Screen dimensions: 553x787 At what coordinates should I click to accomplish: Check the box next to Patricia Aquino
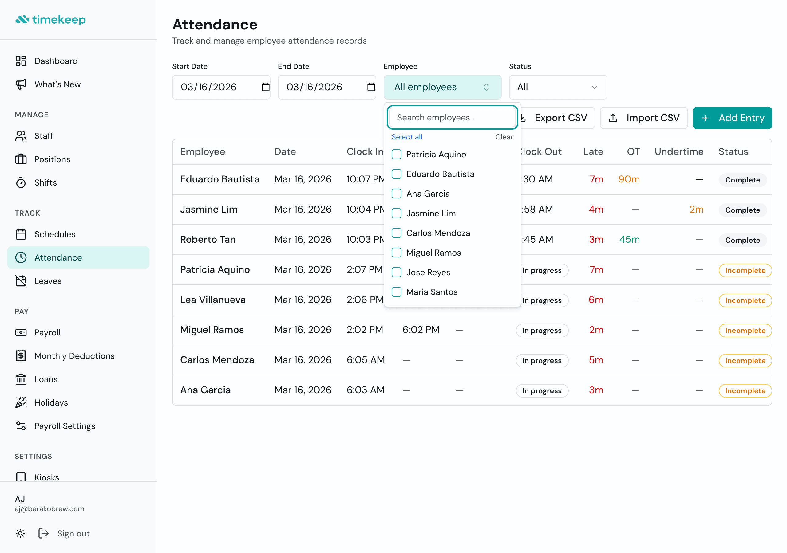click(396, 155)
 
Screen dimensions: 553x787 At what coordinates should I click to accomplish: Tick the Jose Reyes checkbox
click(396, 273)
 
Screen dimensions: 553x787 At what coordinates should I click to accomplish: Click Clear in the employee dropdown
click(504, 137)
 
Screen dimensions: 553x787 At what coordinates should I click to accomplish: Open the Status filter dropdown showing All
click(557, 87)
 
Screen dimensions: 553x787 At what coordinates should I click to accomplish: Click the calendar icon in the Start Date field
click(265, 87)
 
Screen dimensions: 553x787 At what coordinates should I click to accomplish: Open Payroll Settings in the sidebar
click(65, 426)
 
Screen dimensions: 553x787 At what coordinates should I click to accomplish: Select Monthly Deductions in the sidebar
click(74, 356)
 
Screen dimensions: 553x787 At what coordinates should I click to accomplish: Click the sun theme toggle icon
click(20, 533)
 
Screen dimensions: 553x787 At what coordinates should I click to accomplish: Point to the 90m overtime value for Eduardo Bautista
click(629, 179)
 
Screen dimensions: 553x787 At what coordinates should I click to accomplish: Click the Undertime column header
click(679, 151)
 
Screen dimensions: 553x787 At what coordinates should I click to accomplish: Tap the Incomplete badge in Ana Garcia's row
click(745, 390)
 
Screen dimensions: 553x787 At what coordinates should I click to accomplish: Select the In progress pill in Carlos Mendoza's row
click(542, 360)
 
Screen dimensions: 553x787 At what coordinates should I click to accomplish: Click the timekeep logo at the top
click(51, 20)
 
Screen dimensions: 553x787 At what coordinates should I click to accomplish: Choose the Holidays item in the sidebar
click(51, 402)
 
